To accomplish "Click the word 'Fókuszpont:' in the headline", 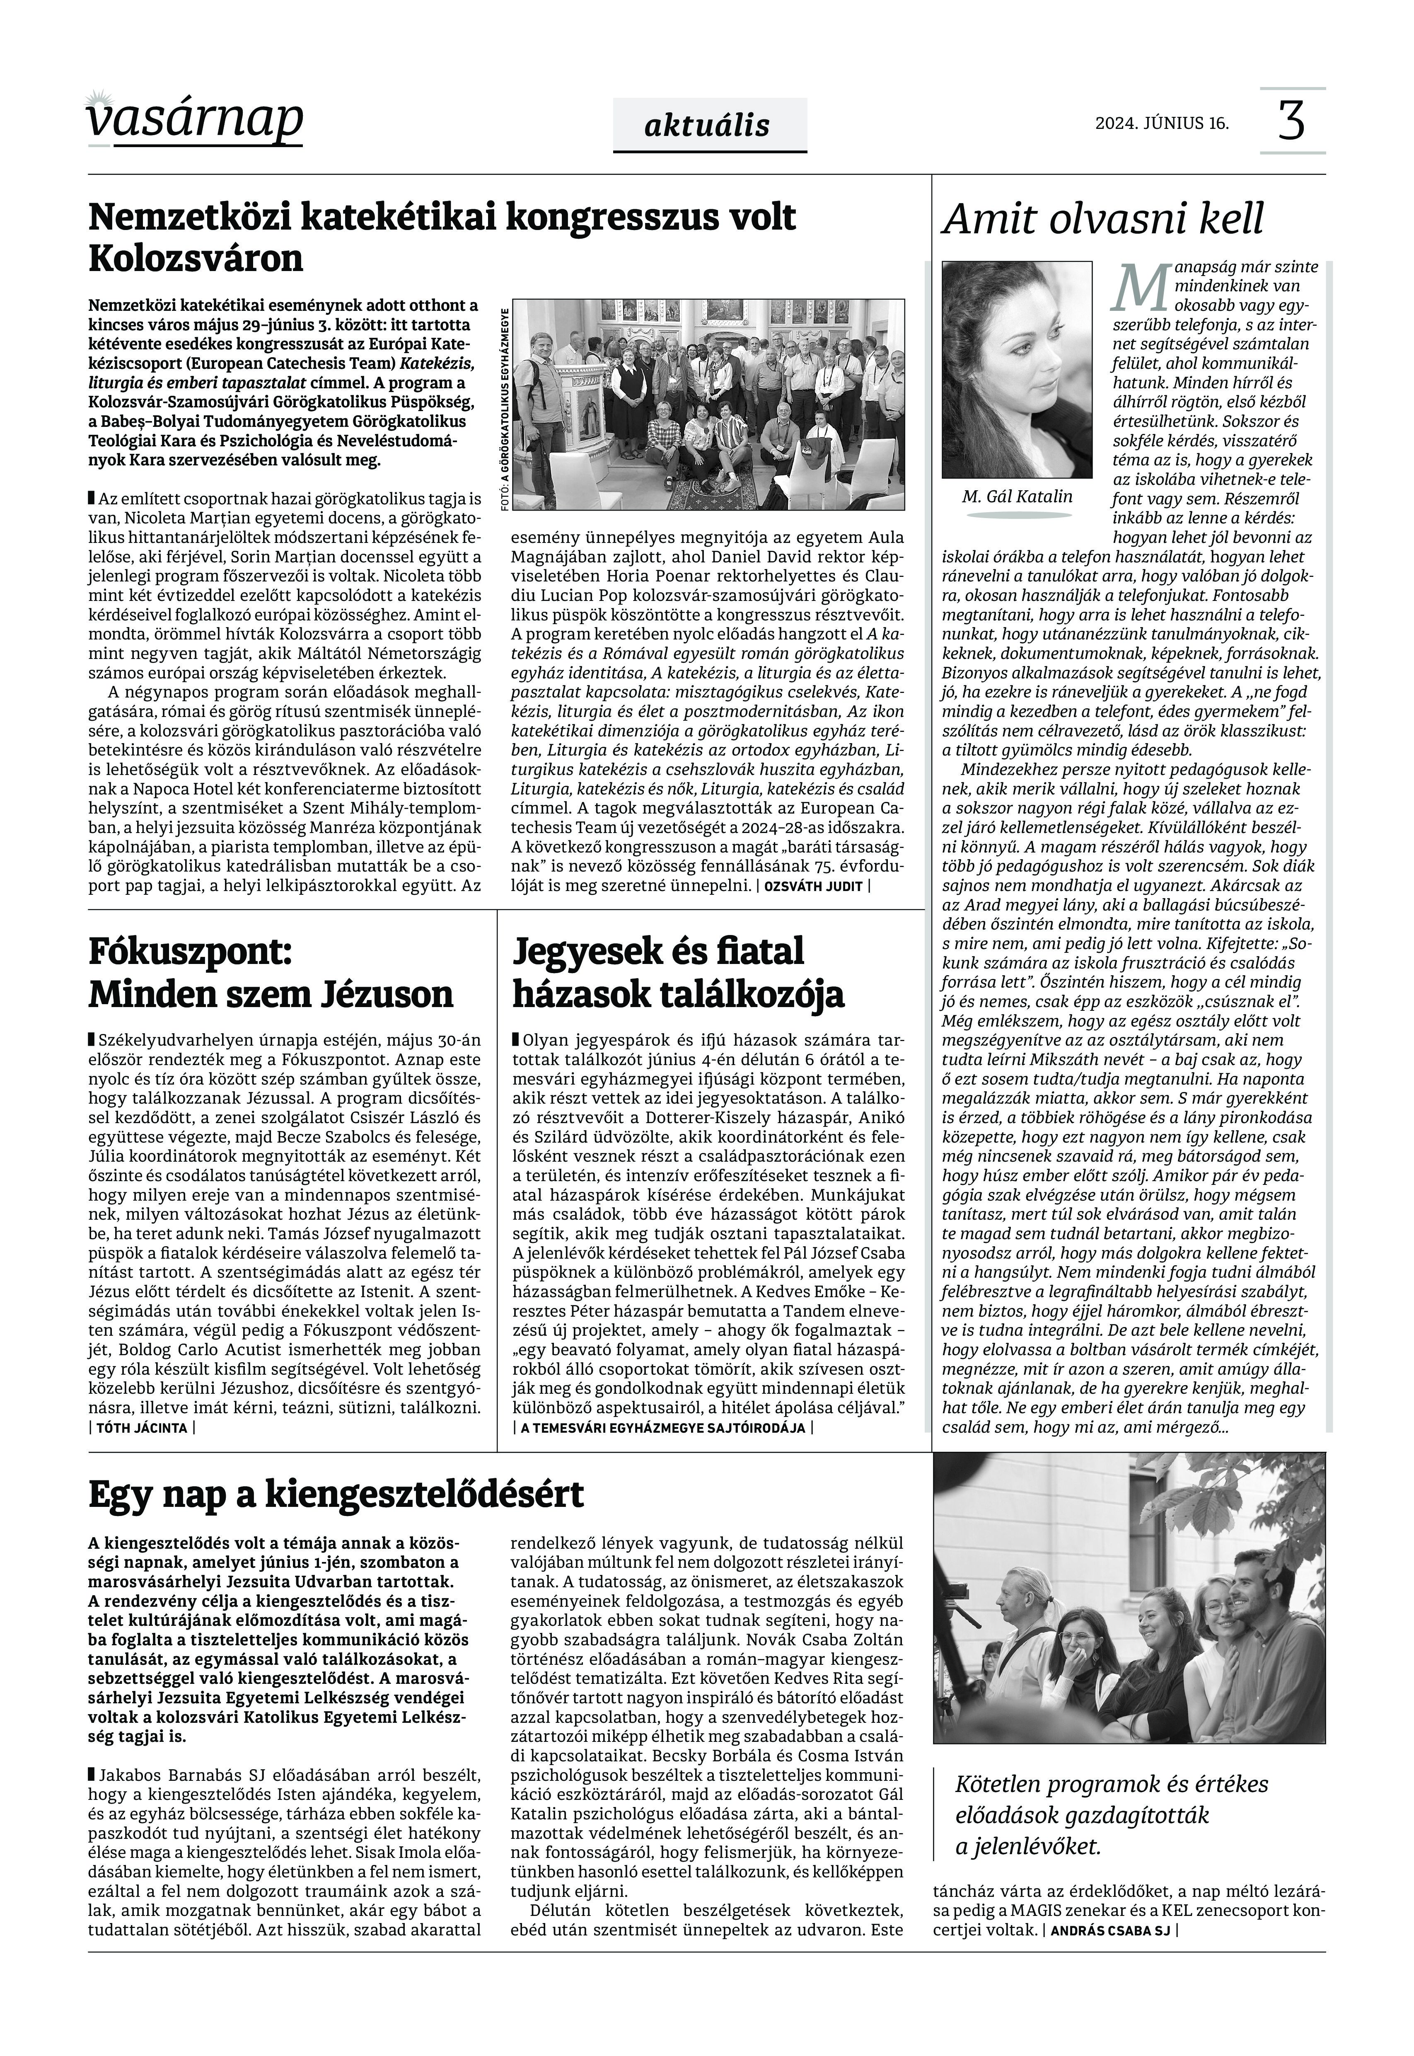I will (x=190, y=954).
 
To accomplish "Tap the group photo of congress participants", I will (x=709, y=404).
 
